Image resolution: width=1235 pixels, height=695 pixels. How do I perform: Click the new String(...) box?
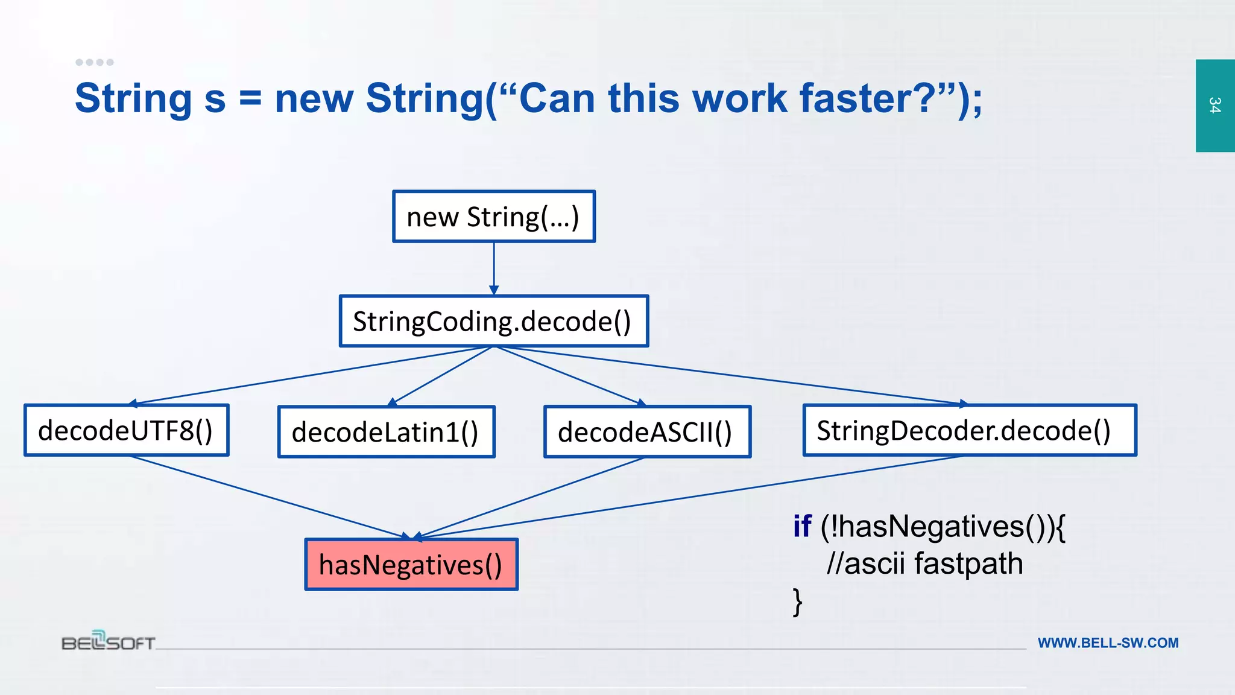tap(494, 217)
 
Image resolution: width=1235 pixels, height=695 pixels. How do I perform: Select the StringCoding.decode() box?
tap(494, 321)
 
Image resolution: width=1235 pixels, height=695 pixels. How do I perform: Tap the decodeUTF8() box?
tap(127, 430)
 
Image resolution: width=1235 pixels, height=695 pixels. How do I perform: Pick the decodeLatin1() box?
tap(386, 432)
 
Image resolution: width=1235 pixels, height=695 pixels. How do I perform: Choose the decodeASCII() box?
tap(647, 432)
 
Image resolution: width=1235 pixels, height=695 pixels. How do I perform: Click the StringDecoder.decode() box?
tap(970, 430)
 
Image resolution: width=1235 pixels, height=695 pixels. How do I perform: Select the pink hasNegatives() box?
tap(411, 565)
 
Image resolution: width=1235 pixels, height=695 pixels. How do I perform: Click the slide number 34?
tap(1214, 106)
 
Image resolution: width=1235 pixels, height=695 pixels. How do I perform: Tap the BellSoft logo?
tap(109, 641)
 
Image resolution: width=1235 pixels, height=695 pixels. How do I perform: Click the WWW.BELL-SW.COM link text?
tap(1108, 643)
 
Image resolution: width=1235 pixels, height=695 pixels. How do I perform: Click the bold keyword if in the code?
tap(802, 526)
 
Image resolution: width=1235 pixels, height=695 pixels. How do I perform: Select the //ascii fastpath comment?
tap(924, 563)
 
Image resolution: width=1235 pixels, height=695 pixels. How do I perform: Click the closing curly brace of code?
tap(797, 601)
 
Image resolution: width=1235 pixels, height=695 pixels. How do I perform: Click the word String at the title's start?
tap(133, 98)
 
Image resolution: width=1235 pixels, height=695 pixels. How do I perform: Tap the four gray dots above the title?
tap(95, 62)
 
